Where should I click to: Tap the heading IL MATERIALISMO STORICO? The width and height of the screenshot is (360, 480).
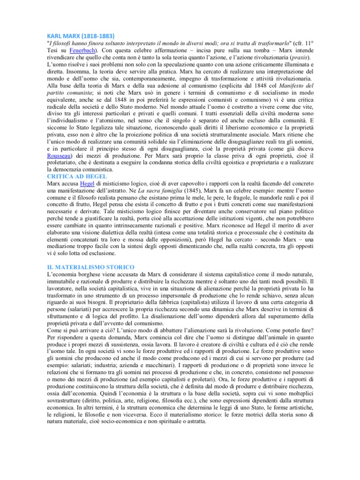(91, 266)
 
